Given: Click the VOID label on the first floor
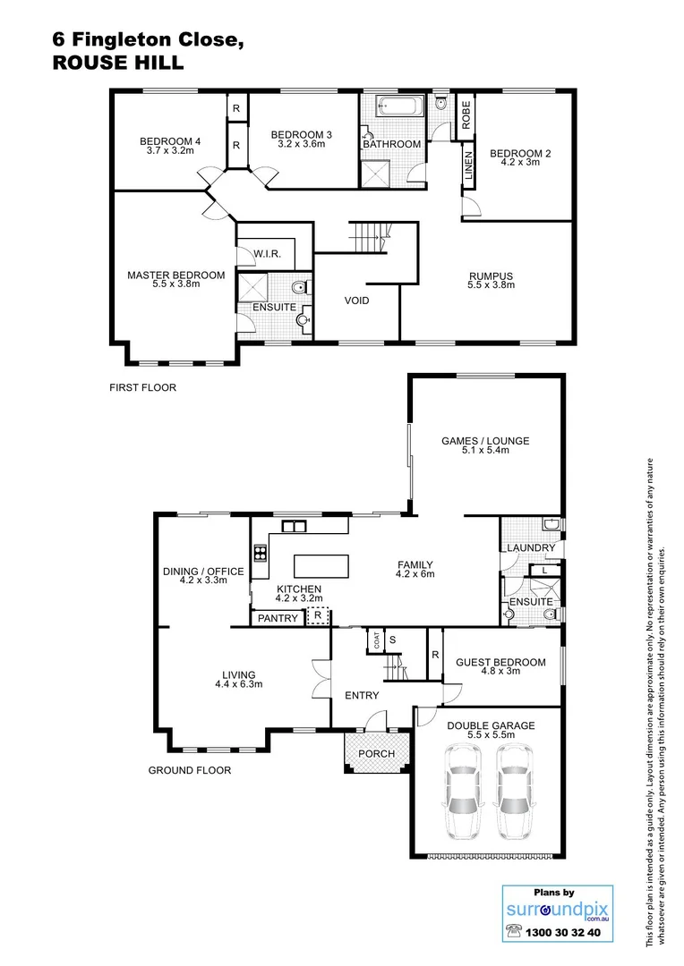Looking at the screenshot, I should pyautogui.click(x=357, y=301).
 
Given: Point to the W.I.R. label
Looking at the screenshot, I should pyautogui.click(x=267, y=254).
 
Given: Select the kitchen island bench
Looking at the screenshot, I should pyautogui.click(x=321, y=566).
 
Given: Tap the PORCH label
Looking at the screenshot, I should pyautogui.click(x=376, y=753).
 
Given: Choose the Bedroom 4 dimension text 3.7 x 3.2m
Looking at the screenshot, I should pyautogui.click(x=169, y=151).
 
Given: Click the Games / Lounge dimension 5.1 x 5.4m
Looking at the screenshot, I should pyautogui.click(x=485, y=451).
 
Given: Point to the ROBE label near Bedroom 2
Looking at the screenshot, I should pyautogui.click(x=466, y=114).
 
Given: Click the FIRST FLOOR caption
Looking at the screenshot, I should pyautogui.click(x=142, y=388).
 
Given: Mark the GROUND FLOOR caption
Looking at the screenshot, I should pyautogui.click(x=189, y=770).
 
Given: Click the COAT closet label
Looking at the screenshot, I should pyautogui.click(x=377, y=640).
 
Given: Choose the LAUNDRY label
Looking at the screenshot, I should pyautogui.click(x=531, y=547).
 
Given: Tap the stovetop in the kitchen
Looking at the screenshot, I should pyautogui.click(x=261, y=552).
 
